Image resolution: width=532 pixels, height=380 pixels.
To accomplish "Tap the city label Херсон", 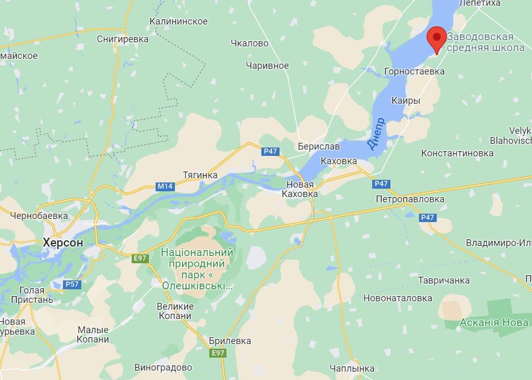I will click(63, 242).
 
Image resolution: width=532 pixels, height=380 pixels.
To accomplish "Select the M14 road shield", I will click(164, 186).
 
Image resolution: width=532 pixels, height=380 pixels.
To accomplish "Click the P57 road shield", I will click(71, 284).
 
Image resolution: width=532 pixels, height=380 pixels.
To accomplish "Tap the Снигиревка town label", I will click(122, 39).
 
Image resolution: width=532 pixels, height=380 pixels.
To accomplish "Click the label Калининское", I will click(178, 21).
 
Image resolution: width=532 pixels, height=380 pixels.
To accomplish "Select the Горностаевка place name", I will click(414, 71).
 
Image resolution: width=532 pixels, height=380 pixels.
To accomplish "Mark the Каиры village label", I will click(406, 101).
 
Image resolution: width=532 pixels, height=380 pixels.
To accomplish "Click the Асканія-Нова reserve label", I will click(494, 323).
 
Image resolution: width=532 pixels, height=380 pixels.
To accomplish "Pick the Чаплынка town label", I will click(352, 369).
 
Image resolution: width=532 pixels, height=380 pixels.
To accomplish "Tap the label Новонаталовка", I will click(398, 298).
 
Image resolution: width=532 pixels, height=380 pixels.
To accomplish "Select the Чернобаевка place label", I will click(39, 215).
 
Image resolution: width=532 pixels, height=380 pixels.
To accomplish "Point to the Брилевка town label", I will click(230, 341).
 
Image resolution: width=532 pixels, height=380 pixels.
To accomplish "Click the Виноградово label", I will click(163, 367).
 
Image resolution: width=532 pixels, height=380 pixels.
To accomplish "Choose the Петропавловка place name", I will click(410, 199).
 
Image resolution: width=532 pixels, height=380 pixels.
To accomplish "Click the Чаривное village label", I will click(267, 66).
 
